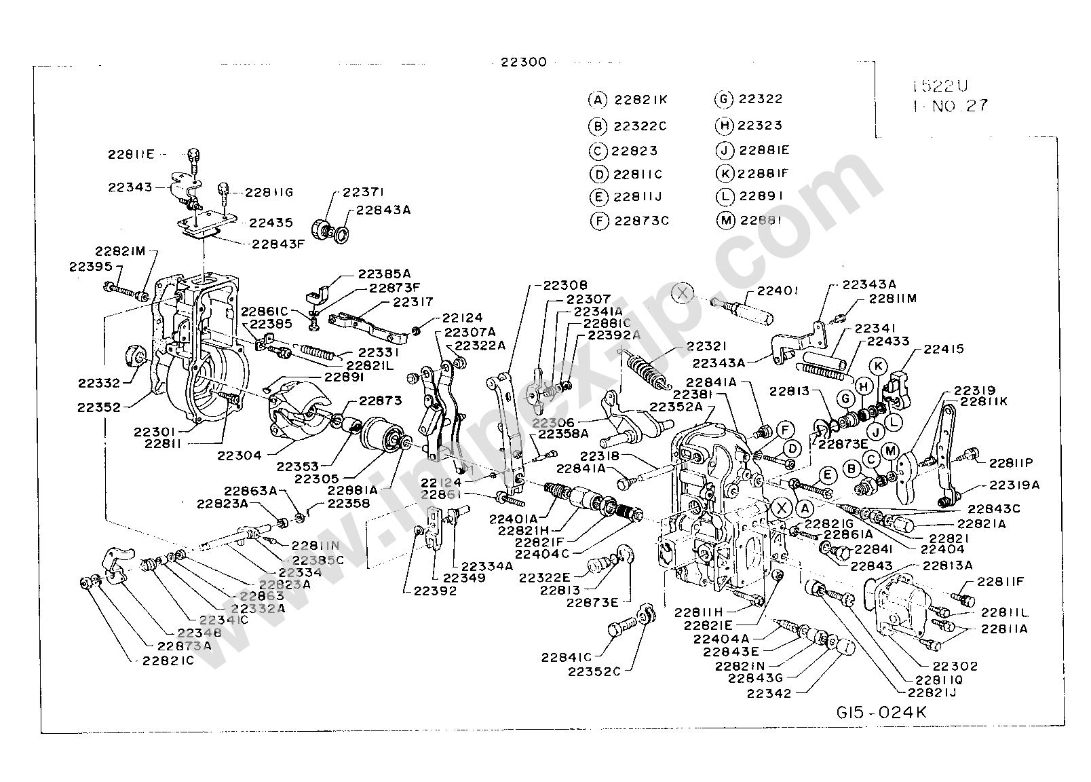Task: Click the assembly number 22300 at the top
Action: tap(523, 62)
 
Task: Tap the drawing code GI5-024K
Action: tap(881, 712)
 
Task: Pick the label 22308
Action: tap(565, 286)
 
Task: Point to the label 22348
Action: tap(180, 632)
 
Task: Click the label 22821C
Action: tap(168, 660)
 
